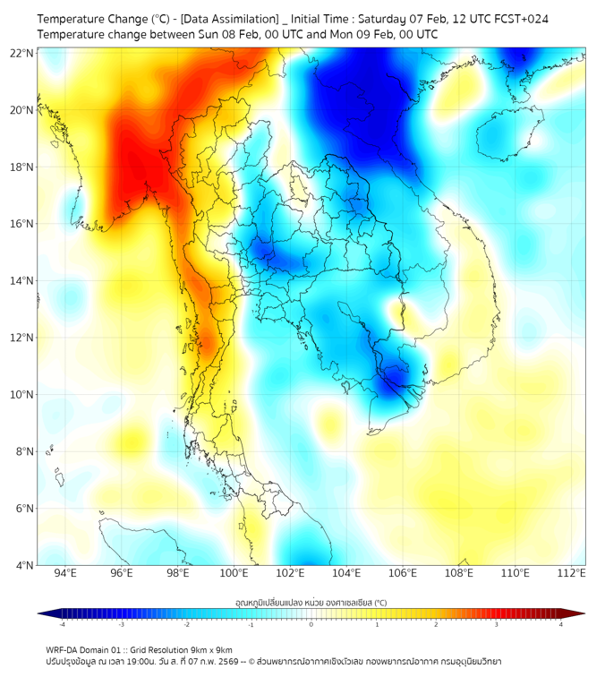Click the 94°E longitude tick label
65,573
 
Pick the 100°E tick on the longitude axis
234,573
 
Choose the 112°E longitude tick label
572,573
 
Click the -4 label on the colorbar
62,624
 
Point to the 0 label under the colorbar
311,624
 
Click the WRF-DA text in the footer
64,649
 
